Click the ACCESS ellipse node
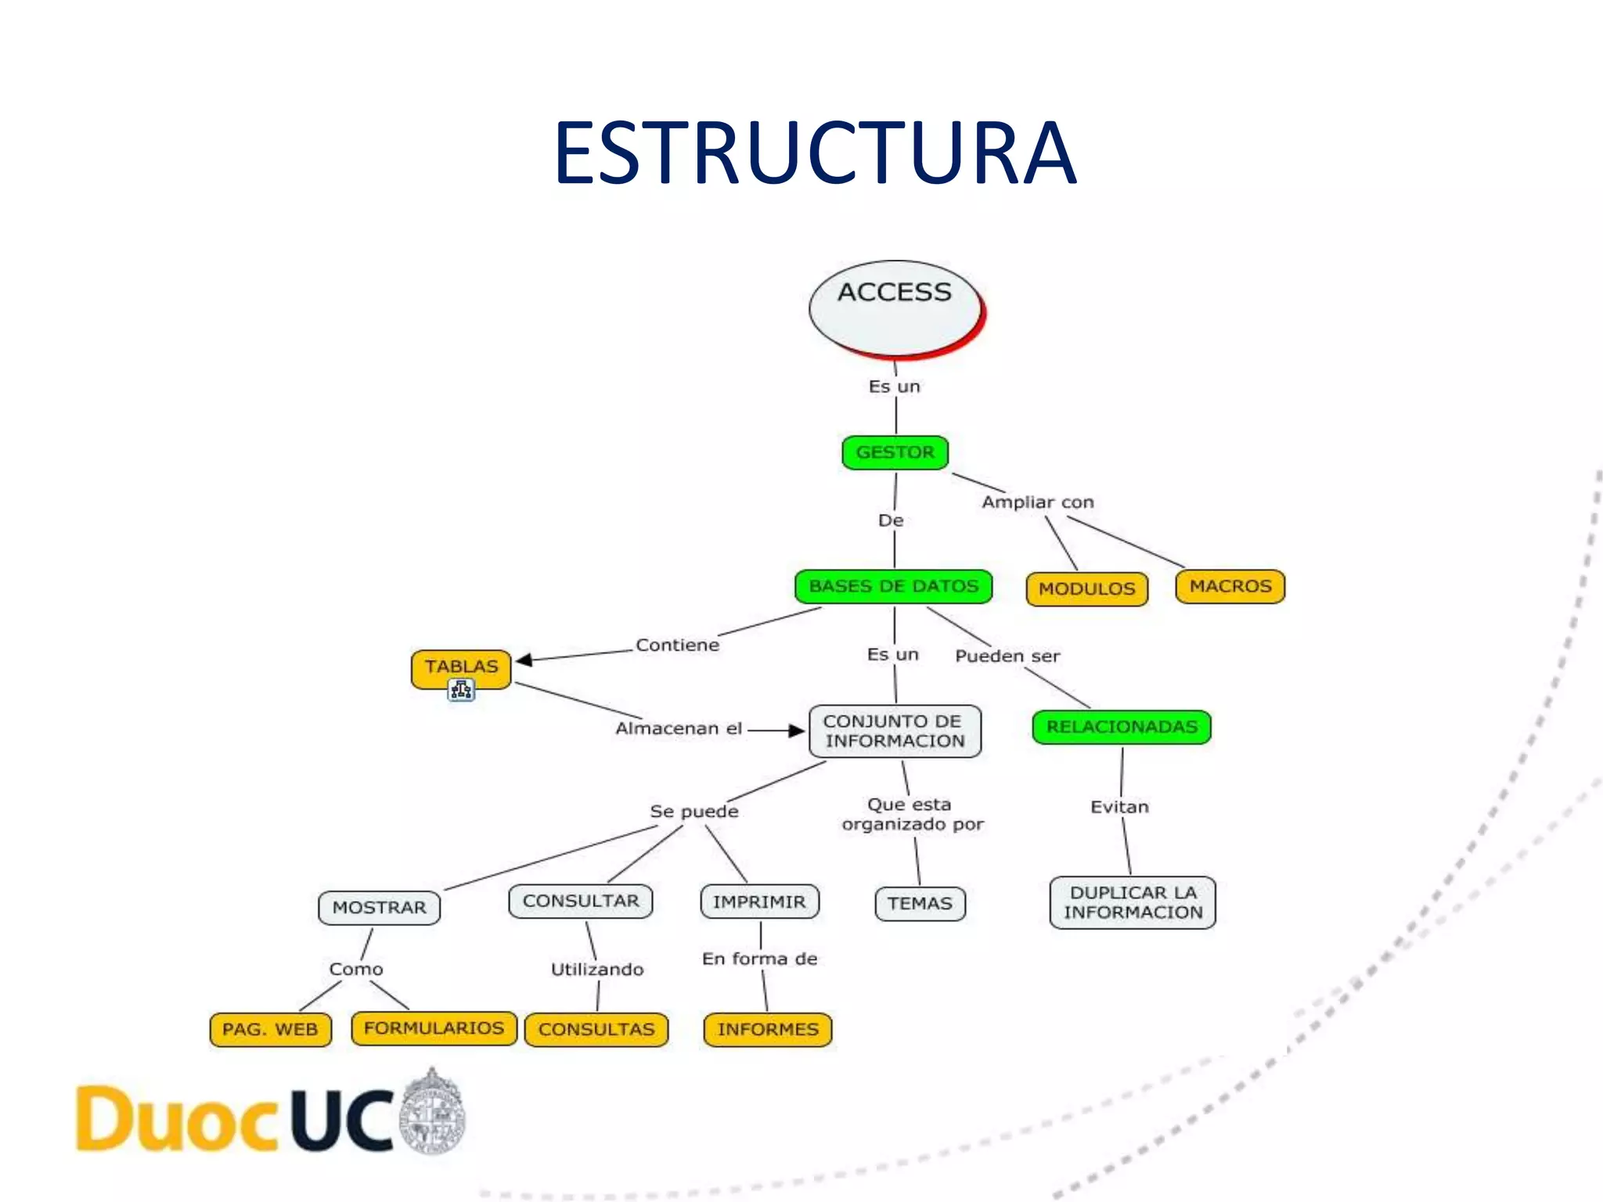click(x=895, y=307)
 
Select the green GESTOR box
click(x=895, y=452)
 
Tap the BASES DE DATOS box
click(x=893, y=586)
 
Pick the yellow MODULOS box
click(x=1086, y=588)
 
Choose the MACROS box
click(x=1230, y=586)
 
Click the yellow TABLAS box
click(x=461, y=667)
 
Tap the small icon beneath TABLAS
click(x=461, y=690)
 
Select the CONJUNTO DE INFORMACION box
click(x=895, y=731)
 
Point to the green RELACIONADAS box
click(x=1122, y=727)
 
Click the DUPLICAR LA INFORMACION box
click(x=1133, y=902)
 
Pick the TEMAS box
click(x=920, y=903)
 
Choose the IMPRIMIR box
click(x=759, y=901)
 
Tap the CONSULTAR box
click(x=581, y=901)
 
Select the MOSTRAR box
click(x=380, y=908)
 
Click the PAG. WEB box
click(x=270, y=1029)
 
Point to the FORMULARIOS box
click(x=434, y=1028)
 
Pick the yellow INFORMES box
click(x=768, y=1029)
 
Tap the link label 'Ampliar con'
click(x=1038, y=502)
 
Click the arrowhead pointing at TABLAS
click(x=524, y=660)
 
